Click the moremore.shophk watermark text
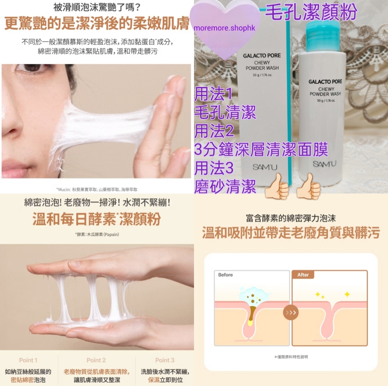[225, 28]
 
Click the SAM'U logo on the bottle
[324, 164]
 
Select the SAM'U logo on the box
[265, 167]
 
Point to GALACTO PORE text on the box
[262, 56]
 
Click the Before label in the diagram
[225, 275]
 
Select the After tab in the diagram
[303, 275]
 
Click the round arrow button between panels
[291, 312]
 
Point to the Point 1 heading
[28, 360]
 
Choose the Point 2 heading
[96, 360]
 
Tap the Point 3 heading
[165, 360]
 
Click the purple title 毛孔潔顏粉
[311, 12]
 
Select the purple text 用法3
[214, 168]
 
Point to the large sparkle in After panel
[347, 294]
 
